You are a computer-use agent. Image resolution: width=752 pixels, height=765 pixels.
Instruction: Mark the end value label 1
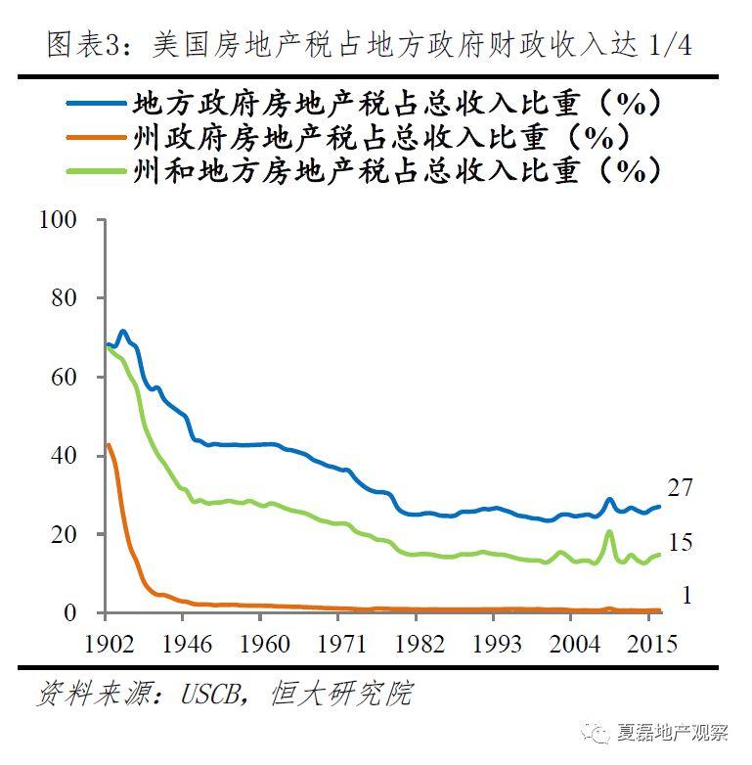(686, 595)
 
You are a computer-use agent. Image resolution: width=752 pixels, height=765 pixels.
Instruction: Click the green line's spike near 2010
(609, 532)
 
